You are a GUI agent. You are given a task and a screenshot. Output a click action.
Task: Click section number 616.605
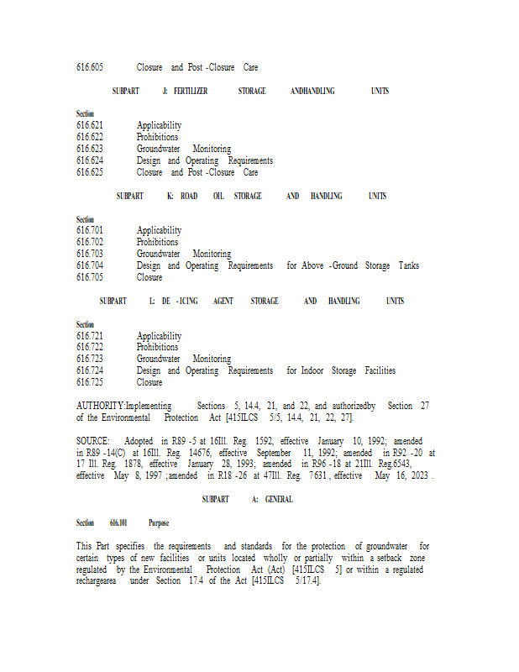point(90,67)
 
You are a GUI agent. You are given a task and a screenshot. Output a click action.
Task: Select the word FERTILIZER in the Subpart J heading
point(190,91)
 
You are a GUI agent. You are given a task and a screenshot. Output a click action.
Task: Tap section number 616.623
point(90,149)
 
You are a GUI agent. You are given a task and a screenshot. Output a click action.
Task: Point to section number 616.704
point(90,265)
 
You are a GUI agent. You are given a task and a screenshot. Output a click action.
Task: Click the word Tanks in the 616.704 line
point(409,265)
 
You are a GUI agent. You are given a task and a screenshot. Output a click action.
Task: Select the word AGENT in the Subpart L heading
point(223,301)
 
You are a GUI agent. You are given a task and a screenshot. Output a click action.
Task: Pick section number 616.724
point(90,370)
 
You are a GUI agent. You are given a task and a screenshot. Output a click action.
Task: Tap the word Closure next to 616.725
point(149,382)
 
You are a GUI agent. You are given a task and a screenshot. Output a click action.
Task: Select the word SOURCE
point(92,441)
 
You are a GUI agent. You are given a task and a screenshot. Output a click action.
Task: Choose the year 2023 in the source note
point(417,475)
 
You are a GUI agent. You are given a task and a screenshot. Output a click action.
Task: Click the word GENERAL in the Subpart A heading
point(279,499)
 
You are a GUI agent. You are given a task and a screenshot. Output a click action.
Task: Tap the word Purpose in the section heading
point(159,522)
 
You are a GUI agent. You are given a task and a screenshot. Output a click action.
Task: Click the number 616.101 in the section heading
point(118,522)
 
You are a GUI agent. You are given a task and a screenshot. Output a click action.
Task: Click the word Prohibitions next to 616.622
point(157,137)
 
